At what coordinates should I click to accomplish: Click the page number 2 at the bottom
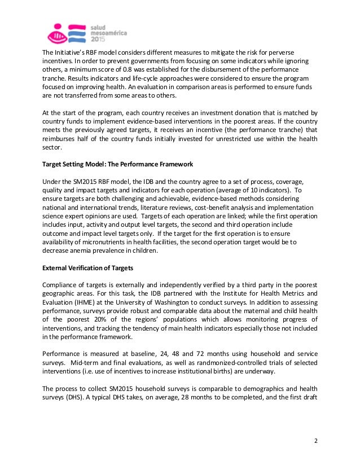[x=317, y=441]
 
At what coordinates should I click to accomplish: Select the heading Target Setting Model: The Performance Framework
[x=118, y=164]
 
